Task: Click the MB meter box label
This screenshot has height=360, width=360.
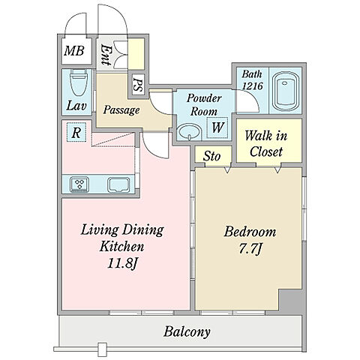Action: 74,51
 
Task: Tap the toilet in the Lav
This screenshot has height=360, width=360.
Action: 79,82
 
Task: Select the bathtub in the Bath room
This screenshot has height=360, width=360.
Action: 285,91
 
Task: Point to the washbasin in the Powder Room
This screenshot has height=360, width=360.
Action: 190,131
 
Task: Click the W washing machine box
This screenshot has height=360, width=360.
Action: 217,127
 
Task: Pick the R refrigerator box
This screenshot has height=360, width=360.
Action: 76,133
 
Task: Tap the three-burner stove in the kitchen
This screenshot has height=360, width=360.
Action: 79,184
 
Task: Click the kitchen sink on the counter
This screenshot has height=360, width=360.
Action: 118,185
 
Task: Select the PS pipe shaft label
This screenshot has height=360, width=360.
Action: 138,85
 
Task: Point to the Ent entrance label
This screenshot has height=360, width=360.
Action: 106,55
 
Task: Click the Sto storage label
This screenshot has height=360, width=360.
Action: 211,156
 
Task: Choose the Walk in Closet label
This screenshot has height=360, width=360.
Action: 266,144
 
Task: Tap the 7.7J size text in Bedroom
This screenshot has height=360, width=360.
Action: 250,249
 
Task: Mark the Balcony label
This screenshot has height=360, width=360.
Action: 187,332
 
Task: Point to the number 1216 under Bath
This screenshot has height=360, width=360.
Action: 253,86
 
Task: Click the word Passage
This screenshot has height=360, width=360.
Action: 121,110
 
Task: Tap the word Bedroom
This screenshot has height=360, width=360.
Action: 250,232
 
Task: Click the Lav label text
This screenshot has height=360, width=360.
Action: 76,106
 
